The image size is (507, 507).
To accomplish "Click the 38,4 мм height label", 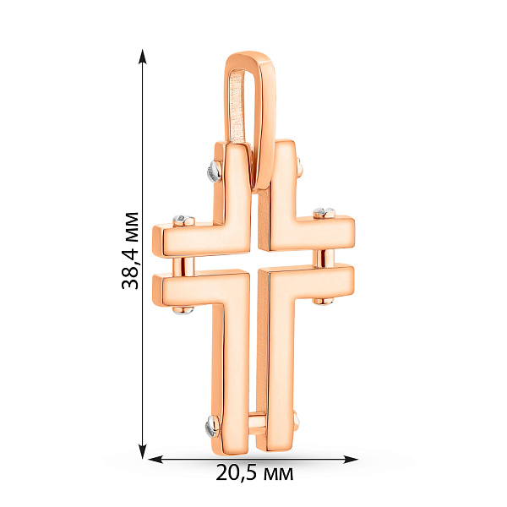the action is click(x=130, y=251).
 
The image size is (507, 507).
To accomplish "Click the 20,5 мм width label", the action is click(x=255, y=472).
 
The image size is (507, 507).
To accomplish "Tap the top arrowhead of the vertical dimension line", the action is click(x=143, y=57).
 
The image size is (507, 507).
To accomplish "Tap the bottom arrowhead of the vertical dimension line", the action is click(x=143, y=451).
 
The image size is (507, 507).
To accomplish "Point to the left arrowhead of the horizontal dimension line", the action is click(x=155, y=459).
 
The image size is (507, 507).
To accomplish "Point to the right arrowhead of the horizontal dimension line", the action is click(x=351, y=459).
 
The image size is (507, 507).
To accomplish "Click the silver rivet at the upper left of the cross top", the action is click(x=215, y=172).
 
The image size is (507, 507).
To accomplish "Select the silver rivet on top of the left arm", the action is click(x=183, y=221).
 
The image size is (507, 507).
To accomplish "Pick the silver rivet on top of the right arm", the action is click(x=324, y=213).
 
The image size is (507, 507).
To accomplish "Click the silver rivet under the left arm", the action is click(x=183, y=310).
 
